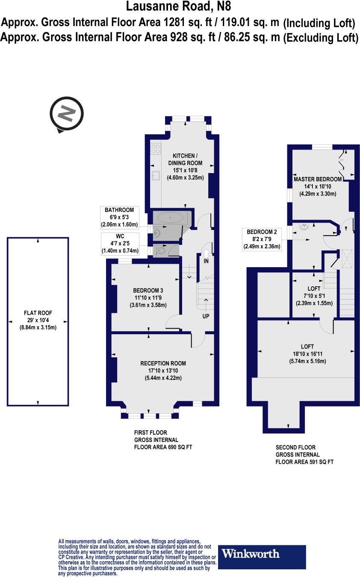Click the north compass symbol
click(67, 114)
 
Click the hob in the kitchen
click(156, 149)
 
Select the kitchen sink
click(156, 176)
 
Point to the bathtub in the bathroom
click(170, 218)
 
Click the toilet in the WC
click(161, 250)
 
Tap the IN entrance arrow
click(206, 254)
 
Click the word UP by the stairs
click(206, 316)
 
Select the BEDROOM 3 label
click(148, 290)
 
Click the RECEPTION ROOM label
click(163, 363)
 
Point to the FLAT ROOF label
click(38, 313)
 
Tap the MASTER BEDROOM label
click(318, 179)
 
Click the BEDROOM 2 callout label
click(262, 239)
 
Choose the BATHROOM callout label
click(119, 218)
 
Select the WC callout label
click(120, 244)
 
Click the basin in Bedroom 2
click(304, 227)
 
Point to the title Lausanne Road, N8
click(178, 6)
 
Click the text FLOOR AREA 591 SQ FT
click(304, 462)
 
